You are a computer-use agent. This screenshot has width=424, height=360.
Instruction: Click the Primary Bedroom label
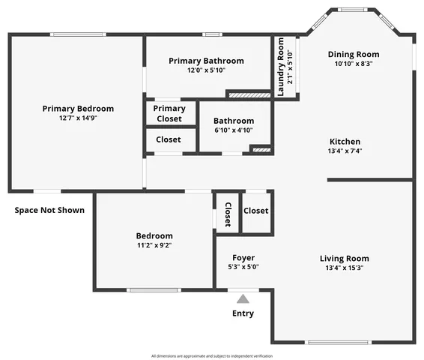click(78, 109)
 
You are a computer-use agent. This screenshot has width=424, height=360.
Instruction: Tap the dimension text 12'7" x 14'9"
click(78, 118)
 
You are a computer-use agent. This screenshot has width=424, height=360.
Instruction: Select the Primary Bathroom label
click(206, 61)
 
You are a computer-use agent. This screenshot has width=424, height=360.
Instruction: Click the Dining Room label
click(354, 54)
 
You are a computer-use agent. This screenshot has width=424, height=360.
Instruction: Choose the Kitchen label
click(345, 142)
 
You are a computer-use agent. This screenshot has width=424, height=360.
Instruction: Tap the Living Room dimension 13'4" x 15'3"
click(345, 268)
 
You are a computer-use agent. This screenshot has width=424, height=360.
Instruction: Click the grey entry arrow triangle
click(243, 298)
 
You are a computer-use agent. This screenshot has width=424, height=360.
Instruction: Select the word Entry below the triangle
click(243, 313)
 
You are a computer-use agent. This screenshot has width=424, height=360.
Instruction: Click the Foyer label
click(243, 257)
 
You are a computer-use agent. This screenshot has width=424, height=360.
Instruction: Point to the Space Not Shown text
click(49, 210)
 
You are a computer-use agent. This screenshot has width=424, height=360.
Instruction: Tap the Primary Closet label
click(169, 113)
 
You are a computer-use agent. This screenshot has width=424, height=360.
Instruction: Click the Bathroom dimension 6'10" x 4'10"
click(233, 130)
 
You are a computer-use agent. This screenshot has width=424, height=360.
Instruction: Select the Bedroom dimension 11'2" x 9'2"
click(154, 244)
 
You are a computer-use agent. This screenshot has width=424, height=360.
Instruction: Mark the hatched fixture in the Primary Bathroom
click(248, 95)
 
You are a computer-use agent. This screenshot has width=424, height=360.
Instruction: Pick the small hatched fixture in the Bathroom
click(260, 150)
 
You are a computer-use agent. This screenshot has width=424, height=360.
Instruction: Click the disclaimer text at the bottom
click(212, 355)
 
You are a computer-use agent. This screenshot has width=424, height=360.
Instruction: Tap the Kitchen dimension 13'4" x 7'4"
click(345, 151)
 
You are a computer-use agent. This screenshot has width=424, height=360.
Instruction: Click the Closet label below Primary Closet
click(168, 139)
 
